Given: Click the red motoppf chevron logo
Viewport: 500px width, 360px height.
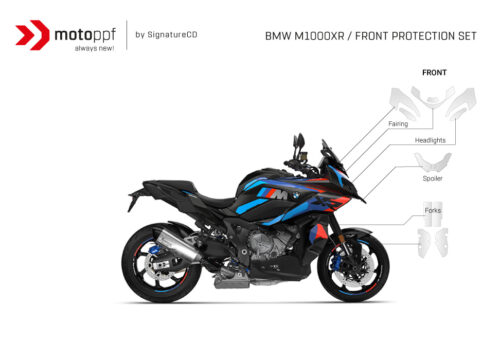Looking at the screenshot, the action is click(33, 35).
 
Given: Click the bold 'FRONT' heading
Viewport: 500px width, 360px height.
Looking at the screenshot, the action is click(433, 73).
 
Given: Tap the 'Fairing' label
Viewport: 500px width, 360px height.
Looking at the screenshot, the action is click(397, 123).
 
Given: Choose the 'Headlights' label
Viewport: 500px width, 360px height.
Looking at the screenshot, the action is click(430, 140).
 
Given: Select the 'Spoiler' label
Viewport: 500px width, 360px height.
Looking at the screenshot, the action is click(432, 178).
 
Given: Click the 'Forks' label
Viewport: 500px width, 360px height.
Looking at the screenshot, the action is click(432, 211).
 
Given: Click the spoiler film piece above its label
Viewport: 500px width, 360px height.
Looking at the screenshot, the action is click(432, 161).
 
